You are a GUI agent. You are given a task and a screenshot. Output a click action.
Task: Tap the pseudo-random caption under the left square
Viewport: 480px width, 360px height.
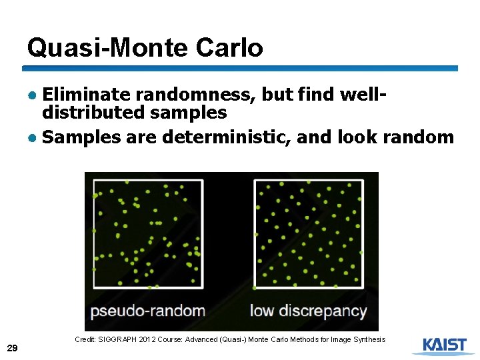pyautogui.click(x=148, y=311)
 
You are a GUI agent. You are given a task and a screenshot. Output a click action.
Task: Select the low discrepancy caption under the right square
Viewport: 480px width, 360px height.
pyautogui.click(x=308, y=311)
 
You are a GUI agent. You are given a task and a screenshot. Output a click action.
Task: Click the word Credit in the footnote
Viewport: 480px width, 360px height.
pyautogui.click(x=85, y=339)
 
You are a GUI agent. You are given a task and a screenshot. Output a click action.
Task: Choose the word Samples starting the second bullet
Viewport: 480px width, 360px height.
pyautogui.click(x=81, y=137)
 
